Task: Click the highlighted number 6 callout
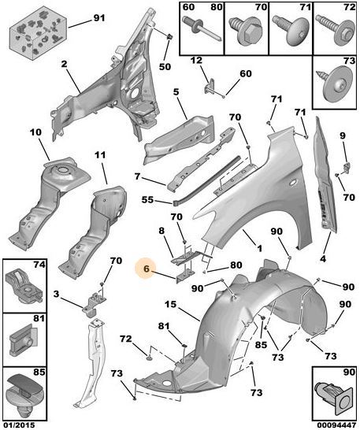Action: coord(146,269)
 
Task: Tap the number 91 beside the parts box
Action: coord(99,18)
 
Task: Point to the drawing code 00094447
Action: coord(336,425)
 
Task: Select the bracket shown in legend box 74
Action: coord(24,286)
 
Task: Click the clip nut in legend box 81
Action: coord(24,339)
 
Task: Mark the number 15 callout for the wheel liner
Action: coord(171,305)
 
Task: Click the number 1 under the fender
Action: coord(259,249)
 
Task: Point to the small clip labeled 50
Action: coord(169,36)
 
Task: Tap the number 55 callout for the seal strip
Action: coord(147,200)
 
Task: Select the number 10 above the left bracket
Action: coord(35,132)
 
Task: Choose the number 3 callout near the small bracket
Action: coord(56,295)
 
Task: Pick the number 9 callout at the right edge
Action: coord(343,135)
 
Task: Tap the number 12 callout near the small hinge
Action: coord(196,61)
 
